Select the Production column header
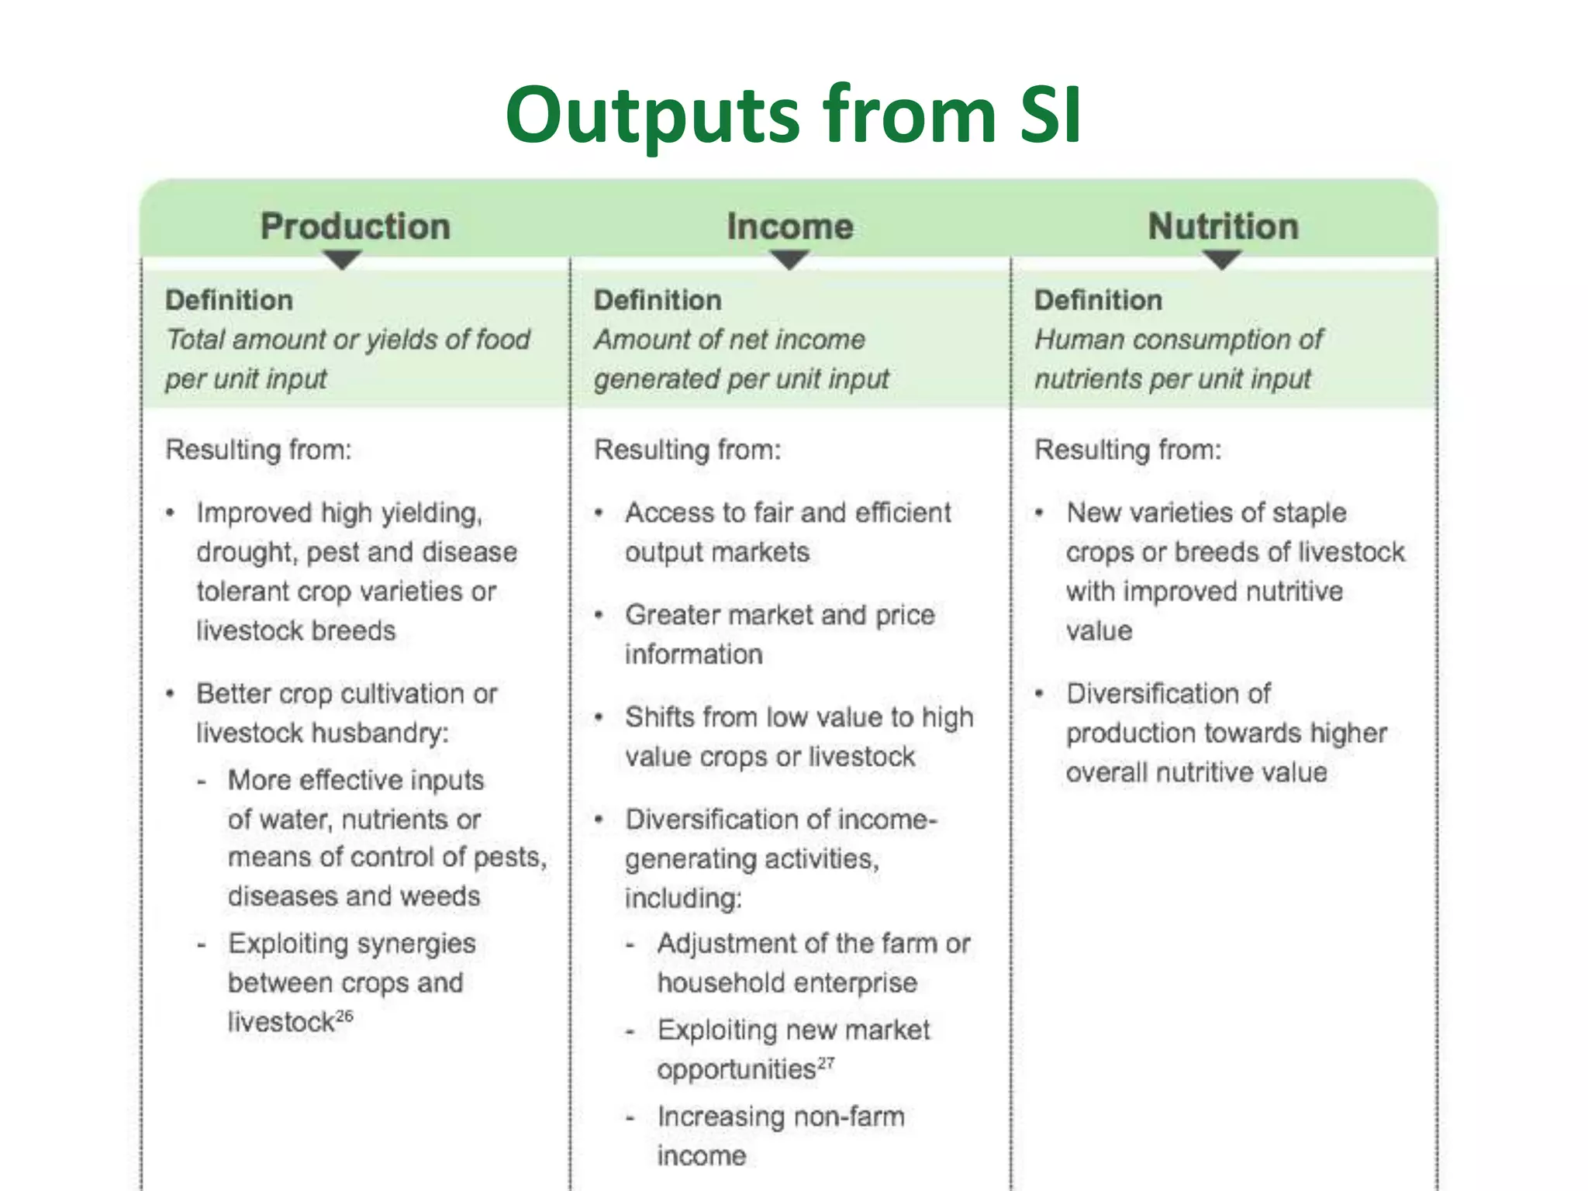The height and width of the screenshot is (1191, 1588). point(355,226)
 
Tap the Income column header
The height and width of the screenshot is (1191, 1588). point(790,226)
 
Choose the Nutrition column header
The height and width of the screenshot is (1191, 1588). point(1223,226)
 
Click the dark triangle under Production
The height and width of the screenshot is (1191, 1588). point(342,260)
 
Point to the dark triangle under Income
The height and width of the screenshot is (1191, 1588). point(789,260)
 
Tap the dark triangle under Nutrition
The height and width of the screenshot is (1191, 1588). point(1222,260)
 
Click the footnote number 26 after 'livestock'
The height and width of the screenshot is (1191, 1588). point(344,1016)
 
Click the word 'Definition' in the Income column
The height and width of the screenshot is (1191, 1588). point(658,300)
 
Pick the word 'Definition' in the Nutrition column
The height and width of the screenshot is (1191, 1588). point(1098,300)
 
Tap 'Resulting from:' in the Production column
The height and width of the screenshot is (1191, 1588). point(258,450)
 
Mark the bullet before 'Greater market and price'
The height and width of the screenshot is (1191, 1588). point(599,616)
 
